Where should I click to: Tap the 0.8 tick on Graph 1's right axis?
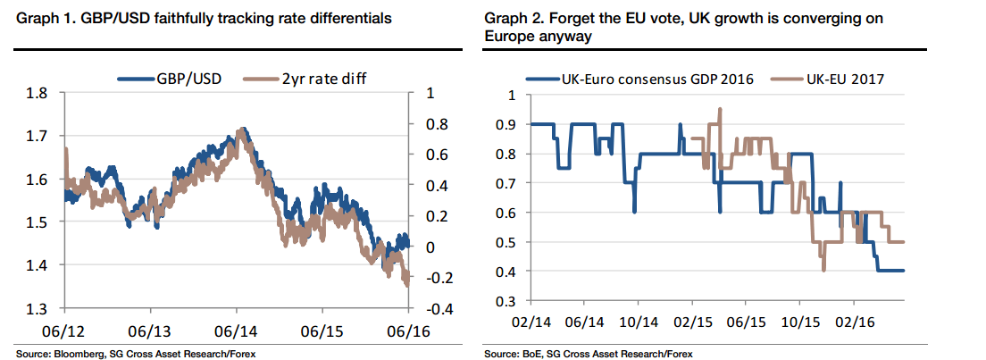click(435, 124)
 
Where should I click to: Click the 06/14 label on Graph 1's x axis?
click(237, 331)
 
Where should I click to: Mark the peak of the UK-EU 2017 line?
click(720, 110)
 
